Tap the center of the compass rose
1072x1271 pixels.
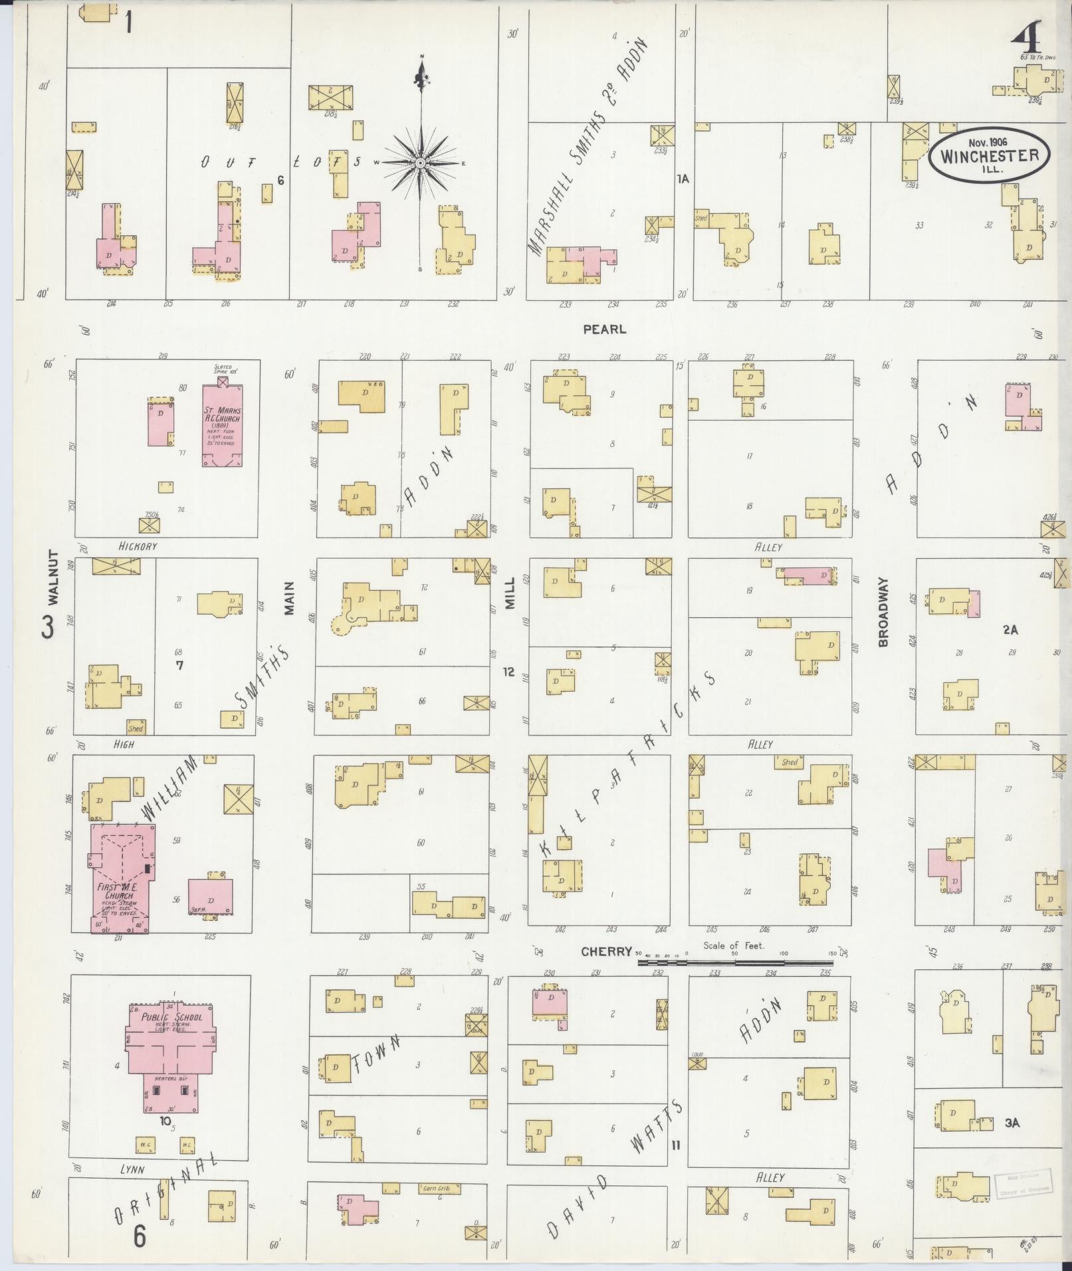click(x=420, y=163)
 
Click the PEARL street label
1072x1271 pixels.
click(x=604, y=329)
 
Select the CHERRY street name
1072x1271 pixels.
click(x=605, y=951)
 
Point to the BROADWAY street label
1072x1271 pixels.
click(x=883, y=612)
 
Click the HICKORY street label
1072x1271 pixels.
click(x=138, y=546)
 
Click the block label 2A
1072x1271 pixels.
click(x=1010, y=630)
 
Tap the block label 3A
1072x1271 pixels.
click(x=1012, y=1123)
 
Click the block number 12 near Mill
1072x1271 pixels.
click(x=508, y=672)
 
